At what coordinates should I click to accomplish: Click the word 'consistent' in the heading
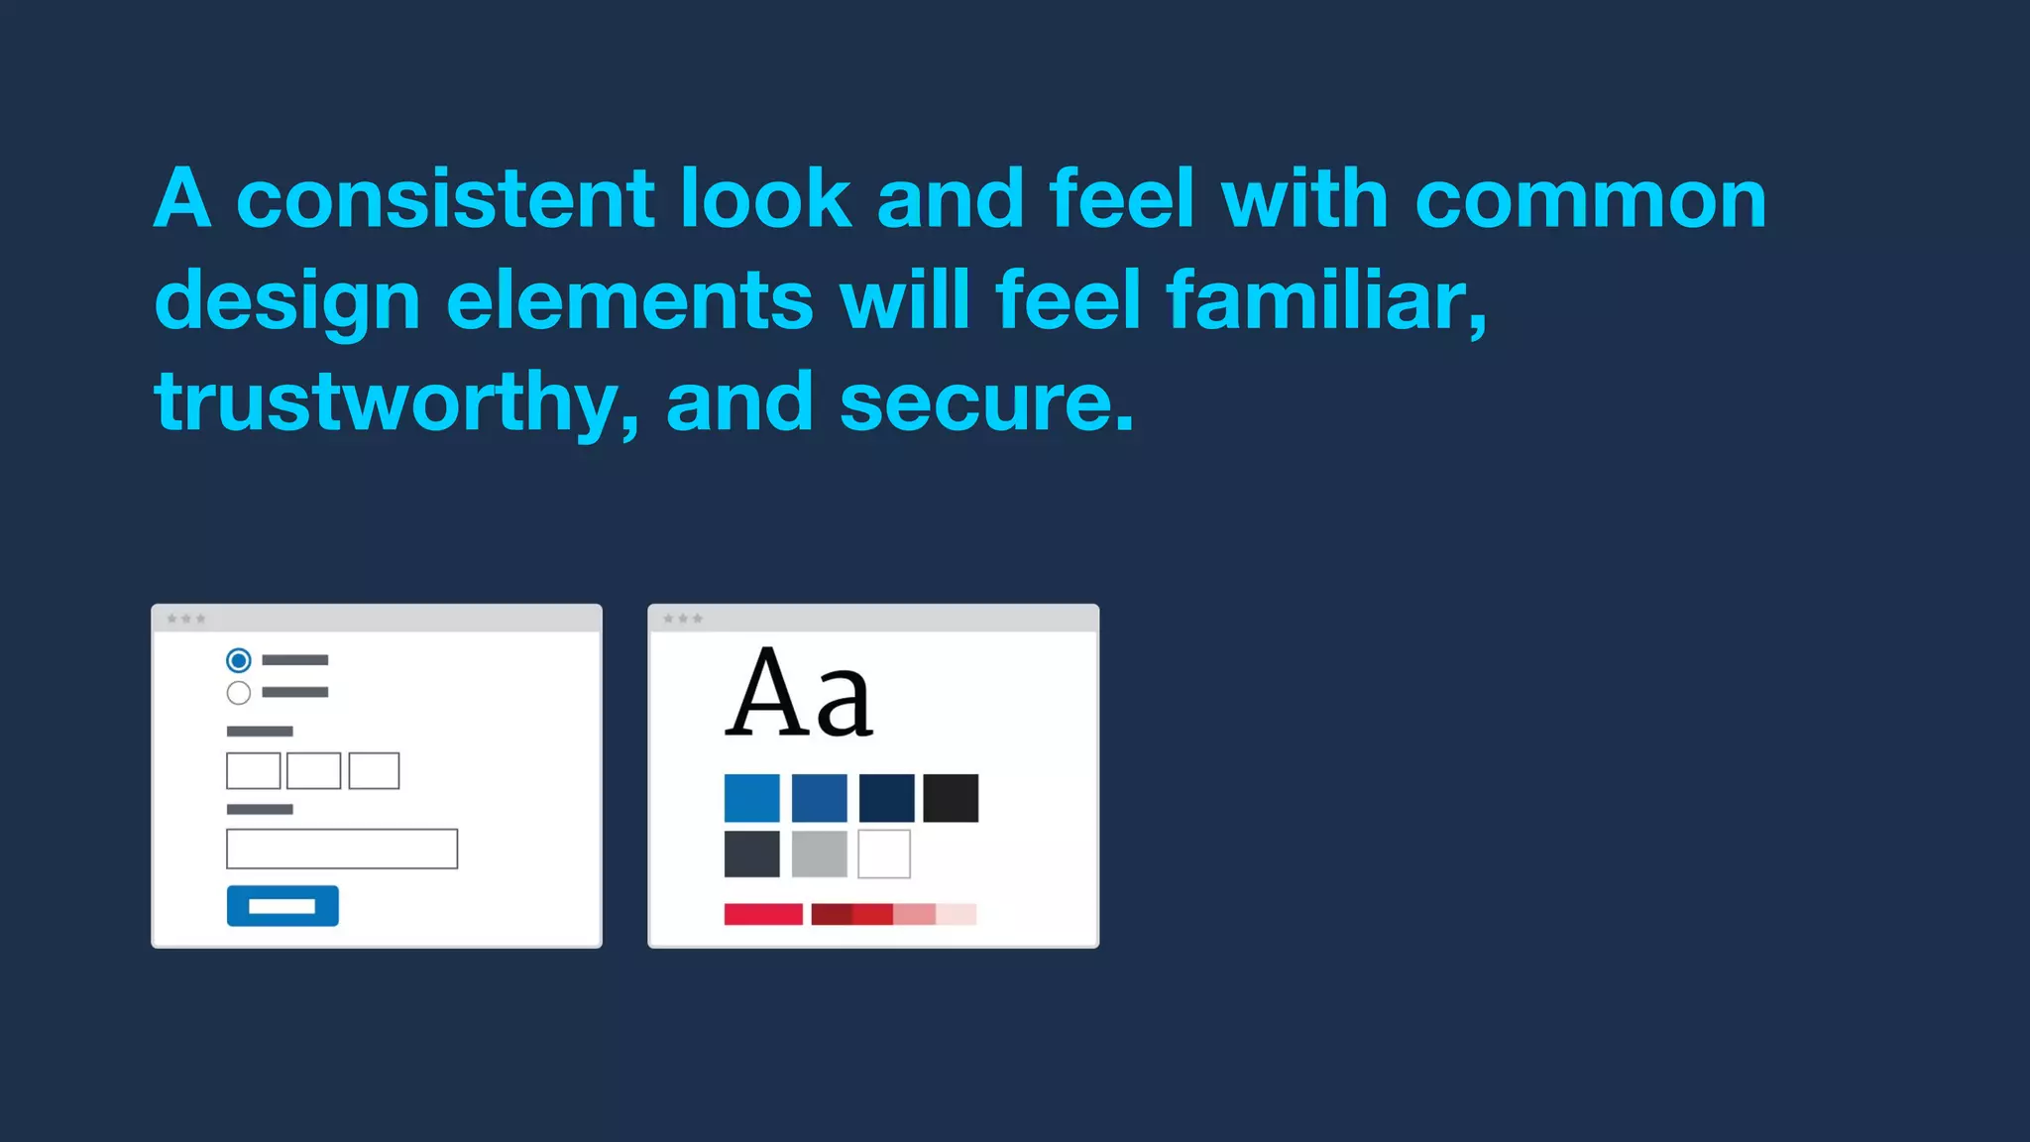coord(446,198)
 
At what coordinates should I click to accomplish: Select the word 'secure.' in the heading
coord(986,401)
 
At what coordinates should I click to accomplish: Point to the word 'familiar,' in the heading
coord(1326,299)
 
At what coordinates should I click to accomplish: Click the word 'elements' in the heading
coord(629,299)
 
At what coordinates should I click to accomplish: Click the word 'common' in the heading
coord(1591,198)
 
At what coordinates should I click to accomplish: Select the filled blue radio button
coord(239,660)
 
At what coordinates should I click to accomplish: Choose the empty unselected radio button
coord(239,693)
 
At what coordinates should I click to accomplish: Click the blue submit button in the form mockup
coord(282,906)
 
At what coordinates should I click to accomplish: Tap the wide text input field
coord(342,849)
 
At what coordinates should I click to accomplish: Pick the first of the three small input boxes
coord(254,770)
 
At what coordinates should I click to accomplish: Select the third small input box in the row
coord(374,770)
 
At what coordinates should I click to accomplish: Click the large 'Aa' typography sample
coord(799,694)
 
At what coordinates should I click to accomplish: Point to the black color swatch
coord(951,798)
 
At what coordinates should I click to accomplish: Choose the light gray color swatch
coord(820,854)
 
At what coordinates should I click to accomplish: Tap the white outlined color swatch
coord(884,854)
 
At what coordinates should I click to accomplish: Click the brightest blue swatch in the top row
coord(751,798)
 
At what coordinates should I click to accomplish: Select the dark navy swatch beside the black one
coord(887,798)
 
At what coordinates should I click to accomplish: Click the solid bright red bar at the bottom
coord(763,914)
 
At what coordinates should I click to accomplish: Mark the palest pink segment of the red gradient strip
coord(957,914)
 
